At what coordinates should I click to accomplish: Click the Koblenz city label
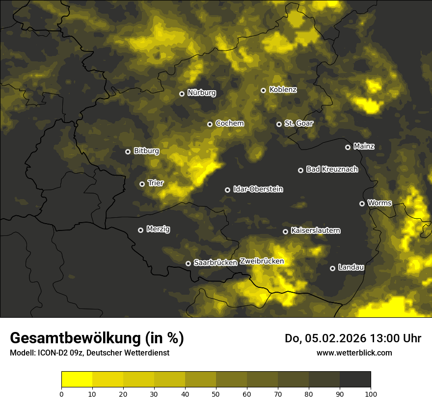tap(283, 90)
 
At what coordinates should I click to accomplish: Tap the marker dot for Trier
tap(142, 184)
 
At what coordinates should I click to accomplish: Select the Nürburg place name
tap(201, 93)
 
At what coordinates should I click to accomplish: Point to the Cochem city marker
tap(210, 124)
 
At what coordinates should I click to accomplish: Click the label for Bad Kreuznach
tap(332, 169)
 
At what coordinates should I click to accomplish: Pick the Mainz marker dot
tap(348, 147)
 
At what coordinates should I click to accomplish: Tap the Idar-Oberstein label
tap(258, 189)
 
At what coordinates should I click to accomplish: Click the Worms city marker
tap(362, 203)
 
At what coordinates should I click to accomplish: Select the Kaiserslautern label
tap(315, 230)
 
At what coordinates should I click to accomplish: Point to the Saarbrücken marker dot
tap(188, 263)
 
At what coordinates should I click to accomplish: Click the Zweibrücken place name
tap(262, 261)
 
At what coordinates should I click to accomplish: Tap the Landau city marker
tap(332, 268)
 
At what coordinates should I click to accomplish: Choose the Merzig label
tap(158, 229)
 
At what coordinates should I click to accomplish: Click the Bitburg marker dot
tap(128, 152)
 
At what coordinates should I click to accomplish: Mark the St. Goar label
tap(298, 123)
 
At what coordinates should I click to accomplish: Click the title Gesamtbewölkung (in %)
tap(97, 338)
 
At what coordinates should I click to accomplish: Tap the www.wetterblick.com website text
tap(354, 353)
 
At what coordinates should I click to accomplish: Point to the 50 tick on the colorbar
tap(216, 393)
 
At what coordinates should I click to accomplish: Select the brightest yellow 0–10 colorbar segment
tap(77, 379)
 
